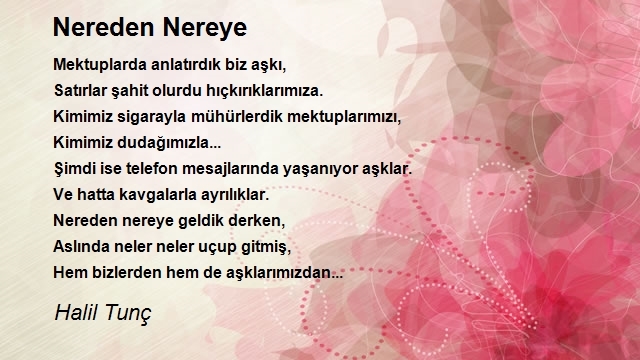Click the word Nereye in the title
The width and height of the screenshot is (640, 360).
click(x=205, y=28)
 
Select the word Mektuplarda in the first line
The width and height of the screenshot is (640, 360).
click(x=100, y=65)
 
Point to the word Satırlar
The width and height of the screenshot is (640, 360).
click(x=80, y=90)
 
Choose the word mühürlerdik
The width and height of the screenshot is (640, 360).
click(x=237, y=116)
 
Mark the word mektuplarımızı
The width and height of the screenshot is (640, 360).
click(x=344, y=117)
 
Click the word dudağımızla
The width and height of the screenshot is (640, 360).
click(x=169, y=143)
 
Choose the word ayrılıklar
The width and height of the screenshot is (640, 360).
click(x=234, y=195)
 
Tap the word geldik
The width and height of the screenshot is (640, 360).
click(x=201, y=221)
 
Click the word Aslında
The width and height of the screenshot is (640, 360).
click(x=81, y=247)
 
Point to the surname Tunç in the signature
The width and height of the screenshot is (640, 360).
click(x=128, y=313)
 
